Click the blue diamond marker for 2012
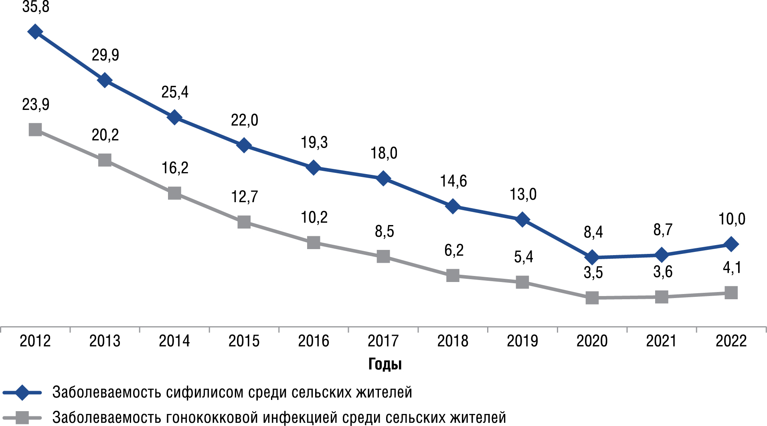[x=35, y=31]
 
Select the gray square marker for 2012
[x=35, y=130]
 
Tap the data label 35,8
[x=36, y=7]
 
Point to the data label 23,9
[x=36, y=105]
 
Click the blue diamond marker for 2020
[x=592, y=257]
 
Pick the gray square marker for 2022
[x=731, y=292]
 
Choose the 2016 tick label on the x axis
[x=314, y=341]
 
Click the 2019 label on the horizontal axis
[x=522, y=341]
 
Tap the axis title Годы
[x=385, y=364]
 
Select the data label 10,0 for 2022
[x=732, y=219]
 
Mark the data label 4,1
[x=732, y=268]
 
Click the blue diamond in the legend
[x=22, y=392]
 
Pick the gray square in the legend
[x=22, y=418]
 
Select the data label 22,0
[x=245, y=120]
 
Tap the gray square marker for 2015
[x=244, y=222]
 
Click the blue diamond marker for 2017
[x=383, y=178]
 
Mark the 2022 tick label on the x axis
[x=731, y=341]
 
